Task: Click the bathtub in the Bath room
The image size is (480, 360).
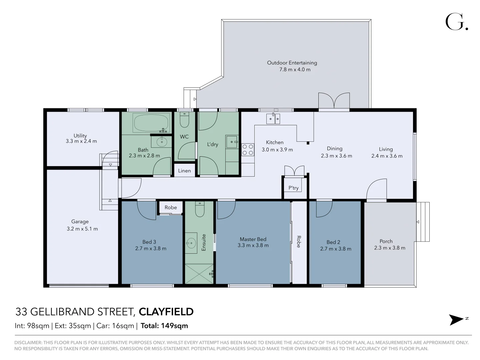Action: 151,123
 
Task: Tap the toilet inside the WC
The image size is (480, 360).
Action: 184,120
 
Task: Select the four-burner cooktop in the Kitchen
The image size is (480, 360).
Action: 248,150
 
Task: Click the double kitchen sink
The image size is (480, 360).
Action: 273,119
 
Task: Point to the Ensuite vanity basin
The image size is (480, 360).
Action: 191,243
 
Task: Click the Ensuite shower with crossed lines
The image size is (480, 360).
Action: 199,274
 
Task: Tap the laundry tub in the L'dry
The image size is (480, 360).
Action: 231,142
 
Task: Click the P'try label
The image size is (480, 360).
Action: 293,188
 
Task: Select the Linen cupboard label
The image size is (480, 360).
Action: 184,171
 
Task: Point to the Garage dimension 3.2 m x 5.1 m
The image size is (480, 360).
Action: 82,229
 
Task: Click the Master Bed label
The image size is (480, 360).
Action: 253,239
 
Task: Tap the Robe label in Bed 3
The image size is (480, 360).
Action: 171,207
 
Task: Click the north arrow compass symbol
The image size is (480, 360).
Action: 456,320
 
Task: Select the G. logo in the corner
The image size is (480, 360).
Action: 456,22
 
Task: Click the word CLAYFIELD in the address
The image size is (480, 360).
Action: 166,312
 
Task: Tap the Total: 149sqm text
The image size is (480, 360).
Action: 164,326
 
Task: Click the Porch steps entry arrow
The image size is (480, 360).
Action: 418,222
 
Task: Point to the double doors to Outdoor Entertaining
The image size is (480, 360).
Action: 334,101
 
